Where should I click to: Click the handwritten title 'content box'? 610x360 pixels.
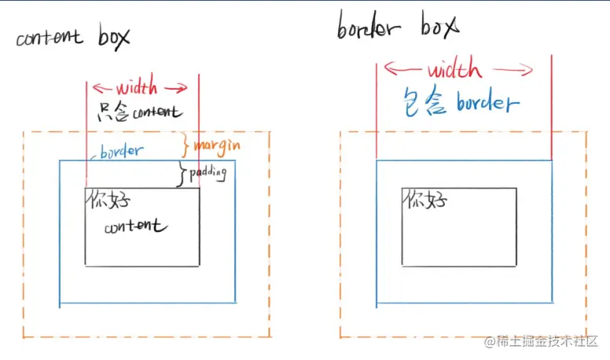(72, 37)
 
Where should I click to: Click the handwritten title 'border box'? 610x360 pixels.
(397, 30)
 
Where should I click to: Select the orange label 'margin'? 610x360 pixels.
(216, 145)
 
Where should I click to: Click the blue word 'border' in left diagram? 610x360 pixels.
(122, 151)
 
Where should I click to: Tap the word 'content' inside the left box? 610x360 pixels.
(135, 226)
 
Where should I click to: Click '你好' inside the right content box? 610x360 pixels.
(424, 200)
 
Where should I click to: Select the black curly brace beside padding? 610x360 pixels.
(184, 175)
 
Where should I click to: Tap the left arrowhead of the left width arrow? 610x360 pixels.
(95, 87)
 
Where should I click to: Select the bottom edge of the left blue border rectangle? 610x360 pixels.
(147, 303)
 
